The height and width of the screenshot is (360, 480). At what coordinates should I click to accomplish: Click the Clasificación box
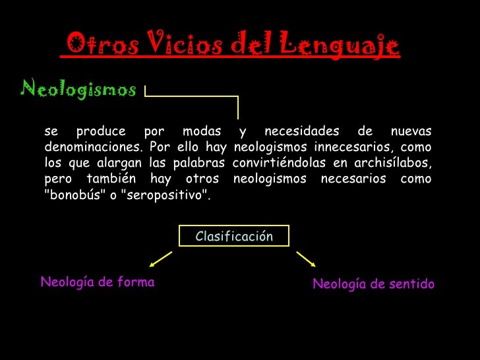[x=234, y=236]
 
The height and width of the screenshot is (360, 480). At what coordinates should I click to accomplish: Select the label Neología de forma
[x=98, y=282]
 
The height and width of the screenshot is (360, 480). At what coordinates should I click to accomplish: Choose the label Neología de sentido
[x=373, y=284]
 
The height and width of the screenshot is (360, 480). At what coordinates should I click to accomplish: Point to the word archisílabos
[x=394, y=163]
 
